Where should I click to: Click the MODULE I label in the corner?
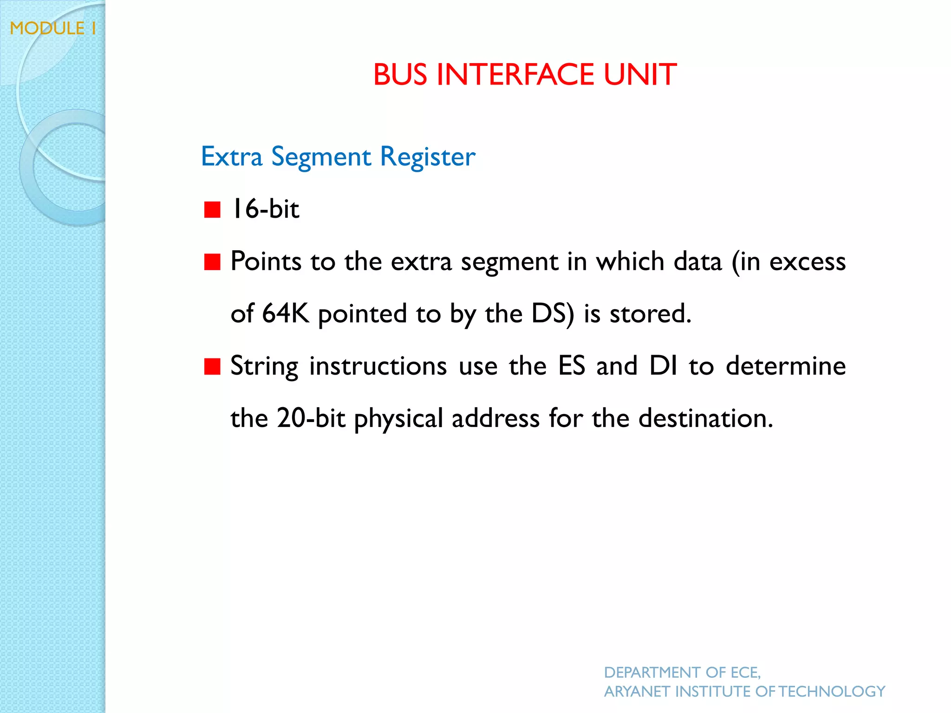53,28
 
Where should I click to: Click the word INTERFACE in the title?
515,75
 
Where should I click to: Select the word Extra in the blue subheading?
232,156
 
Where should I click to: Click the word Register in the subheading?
427,156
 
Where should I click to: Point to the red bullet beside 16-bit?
212,209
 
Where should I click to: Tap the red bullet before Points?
212,262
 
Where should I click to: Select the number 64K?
285,313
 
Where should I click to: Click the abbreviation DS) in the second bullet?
553,313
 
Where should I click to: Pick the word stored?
650,313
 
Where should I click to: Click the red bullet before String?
212,366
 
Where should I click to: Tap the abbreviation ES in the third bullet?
572,366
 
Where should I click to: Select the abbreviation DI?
663,366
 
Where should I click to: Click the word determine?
785,366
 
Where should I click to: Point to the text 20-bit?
311,418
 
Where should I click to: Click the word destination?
705,418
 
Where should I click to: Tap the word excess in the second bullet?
808,261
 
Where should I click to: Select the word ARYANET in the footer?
637,692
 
